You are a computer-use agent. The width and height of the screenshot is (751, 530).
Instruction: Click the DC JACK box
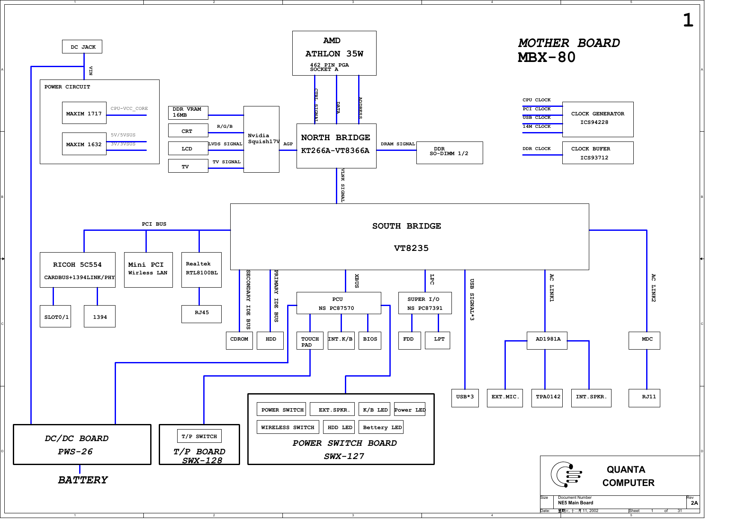(x=82, y=47)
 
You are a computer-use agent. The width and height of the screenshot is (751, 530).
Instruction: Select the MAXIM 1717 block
(x=84, y=113)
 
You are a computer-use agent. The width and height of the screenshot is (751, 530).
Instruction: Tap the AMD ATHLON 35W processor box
(x=334, y=53)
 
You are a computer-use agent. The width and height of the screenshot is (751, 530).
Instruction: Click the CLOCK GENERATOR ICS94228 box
(x=597, y=119)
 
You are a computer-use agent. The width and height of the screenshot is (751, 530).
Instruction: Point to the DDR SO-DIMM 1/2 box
(x=449, y=153)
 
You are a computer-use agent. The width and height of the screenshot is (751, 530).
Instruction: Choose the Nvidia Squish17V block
(x=261, y=139)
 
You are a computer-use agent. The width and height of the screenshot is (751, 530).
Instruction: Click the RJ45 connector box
(x=202, y=314)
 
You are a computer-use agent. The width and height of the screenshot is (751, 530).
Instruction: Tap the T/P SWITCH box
(x=199, y=436)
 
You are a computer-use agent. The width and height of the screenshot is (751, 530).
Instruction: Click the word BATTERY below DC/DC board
(x=83, y=480)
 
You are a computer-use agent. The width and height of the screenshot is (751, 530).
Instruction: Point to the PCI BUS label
(x=154, y=224)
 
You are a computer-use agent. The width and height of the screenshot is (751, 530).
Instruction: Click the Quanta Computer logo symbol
(x=566, y=474)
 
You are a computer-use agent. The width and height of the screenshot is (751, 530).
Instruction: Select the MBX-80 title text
(x=546, y=57)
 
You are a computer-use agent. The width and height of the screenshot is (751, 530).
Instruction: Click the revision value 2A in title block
(x=694, y=503)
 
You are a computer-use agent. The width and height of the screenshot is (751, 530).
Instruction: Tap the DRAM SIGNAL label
(x=398, y=144)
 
